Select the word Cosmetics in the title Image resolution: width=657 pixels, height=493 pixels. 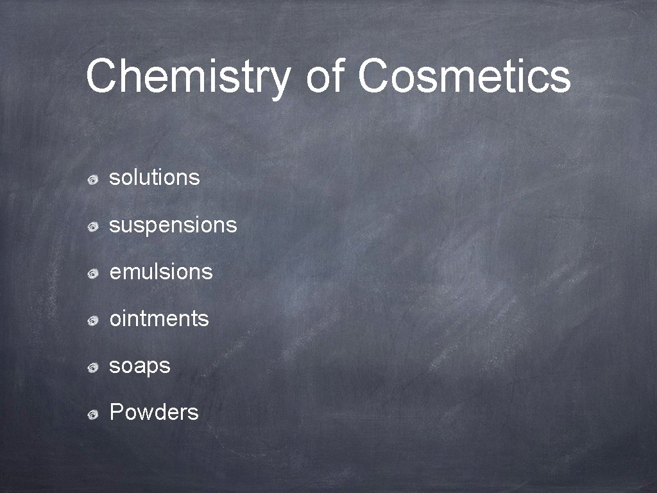[x=464, y=76]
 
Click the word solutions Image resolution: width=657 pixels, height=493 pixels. [x=155, y=177]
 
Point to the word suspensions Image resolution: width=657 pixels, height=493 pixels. [x=173, y=225]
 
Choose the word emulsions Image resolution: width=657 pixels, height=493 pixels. [x=161, y=272]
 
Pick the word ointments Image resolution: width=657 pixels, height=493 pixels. [x=159, y=318]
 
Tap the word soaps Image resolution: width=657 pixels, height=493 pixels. [x=140, y=366]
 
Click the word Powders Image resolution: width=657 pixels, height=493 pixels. [x=154, y=412]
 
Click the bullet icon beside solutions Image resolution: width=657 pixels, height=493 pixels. [x=93, y=180]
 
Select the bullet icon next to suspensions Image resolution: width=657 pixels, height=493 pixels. [x=93, y=227]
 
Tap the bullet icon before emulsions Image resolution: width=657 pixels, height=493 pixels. [x=93, y=274]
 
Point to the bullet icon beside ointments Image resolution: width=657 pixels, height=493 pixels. [x=93, y=321]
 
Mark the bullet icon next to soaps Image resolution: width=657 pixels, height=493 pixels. [x=93, y=368]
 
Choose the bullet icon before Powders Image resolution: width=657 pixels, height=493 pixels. [x=93, y=414]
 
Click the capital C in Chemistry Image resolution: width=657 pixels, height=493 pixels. [x=103, y=76]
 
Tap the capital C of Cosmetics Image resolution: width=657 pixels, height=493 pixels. [x=376, y=76]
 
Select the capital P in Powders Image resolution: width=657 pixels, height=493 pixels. [x=117, y=412]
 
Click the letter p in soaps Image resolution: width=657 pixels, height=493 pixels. [x=153, y=368]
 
